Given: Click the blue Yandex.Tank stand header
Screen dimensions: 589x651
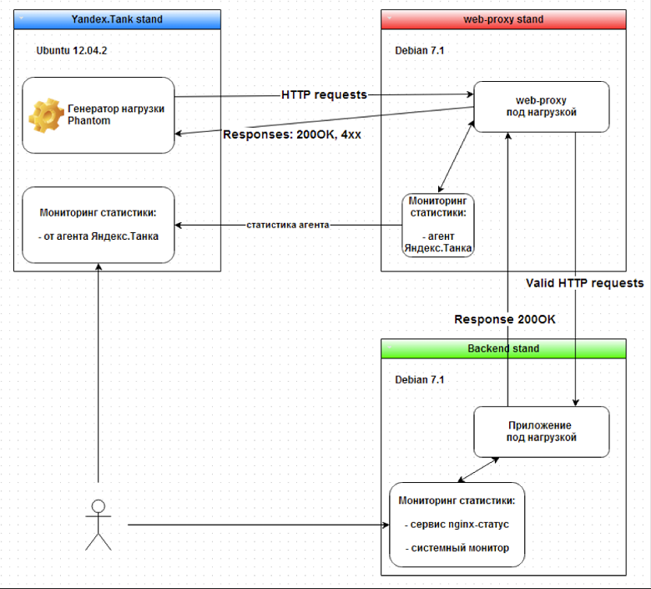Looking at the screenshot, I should click(x=117, y=19).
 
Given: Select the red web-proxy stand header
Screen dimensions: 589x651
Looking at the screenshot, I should click(x=502, y=19).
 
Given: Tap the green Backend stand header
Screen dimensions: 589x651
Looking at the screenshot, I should click(x=502, y=348).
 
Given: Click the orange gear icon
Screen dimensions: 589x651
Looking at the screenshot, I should click(x=46, y=115).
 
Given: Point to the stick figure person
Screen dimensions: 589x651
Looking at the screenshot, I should click(x=98, y=525).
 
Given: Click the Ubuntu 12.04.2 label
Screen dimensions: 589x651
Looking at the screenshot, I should click(x=72, y=50).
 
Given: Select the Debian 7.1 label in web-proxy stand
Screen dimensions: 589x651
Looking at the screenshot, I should click(x=420, y=50).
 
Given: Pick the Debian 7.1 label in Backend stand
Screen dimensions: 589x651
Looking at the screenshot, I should click(x=420, y=379).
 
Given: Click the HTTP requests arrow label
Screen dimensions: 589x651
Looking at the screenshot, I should click(x=324, y=94).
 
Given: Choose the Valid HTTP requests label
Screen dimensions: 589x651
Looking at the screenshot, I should click(x=584, y=283).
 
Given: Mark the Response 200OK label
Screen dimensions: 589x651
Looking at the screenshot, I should click(x=504, y=319).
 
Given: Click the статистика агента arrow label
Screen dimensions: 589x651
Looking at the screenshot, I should click(x=287, y=225).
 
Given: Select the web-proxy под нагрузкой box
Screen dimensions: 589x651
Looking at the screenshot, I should click(x=542, y=106).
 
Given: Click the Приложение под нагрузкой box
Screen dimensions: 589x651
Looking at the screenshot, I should click(x=542, y=431).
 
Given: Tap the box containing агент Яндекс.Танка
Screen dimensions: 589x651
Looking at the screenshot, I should click(x=438, y=225).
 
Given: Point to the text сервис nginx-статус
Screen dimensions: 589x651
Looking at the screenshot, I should click(x=457, y=525).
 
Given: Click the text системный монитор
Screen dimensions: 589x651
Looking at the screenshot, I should click(x=457, y=548).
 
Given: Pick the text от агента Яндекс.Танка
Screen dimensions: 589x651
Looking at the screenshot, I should click(x=98, y=236).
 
